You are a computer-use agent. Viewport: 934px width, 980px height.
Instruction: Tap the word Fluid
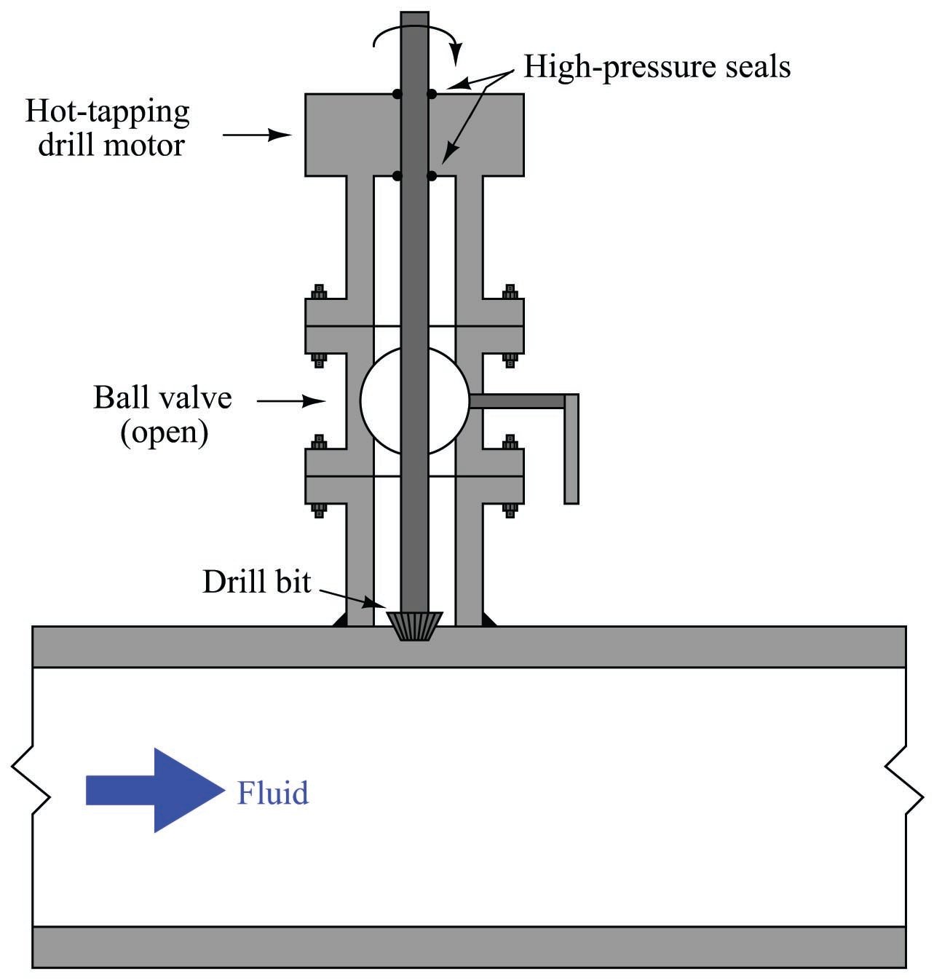point(272,792)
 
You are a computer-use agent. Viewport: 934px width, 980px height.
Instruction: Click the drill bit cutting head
point(415,625)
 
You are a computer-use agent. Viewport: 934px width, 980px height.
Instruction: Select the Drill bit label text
point(256,582)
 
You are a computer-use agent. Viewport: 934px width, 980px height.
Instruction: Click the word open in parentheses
point(165,432)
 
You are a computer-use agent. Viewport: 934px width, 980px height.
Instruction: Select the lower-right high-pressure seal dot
point(432,175)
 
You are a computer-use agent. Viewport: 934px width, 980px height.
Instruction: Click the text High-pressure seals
point(657,67)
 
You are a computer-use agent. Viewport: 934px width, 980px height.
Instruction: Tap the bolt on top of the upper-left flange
point(319,292)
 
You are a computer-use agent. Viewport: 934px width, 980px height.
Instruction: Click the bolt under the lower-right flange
point(510,509)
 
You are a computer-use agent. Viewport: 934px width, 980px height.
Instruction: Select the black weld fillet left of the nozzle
point(339,620)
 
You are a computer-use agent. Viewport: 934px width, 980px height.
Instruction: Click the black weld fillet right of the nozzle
point(489,620)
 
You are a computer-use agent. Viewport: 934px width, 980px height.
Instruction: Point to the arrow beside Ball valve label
point(291,400)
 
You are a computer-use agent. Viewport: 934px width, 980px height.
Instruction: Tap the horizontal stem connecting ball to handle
point(517,400)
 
